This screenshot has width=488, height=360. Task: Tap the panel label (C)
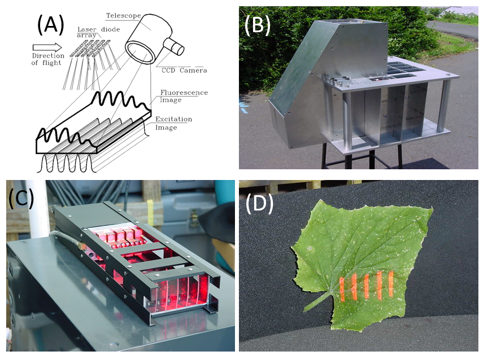(x=21, y=198)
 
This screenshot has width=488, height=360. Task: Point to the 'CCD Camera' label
(x=181, y=71)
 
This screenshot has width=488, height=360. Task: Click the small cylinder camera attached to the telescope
(x=176, y=47)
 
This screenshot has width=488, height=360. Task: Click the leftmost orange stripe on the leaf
(x=342, y=289)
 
